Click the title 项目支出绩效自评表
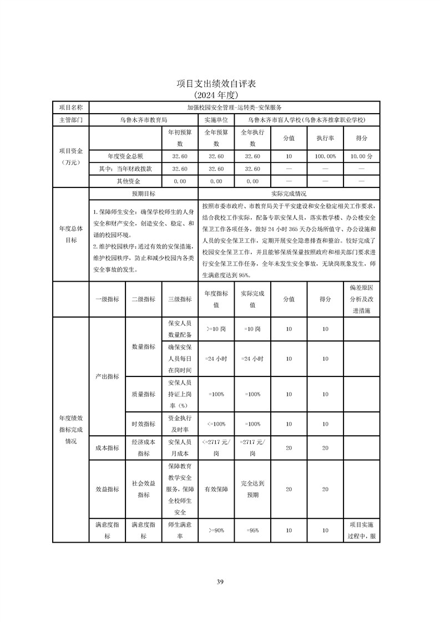point(220,84)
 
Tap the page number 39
point(220,582)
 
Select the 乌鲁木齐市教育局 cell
point(143,119)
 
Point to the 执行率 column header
point(325,138)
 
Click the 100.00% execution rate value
point(325,156)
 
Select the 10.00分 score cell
point(361,156)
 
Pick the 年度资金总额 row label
point(125,156)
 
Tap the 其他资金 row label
point(125,181)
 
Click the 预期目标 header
point(143,194)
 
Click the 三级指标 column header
point(180,299)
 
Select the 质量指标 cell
point(143,394)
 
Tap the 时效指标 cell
point(143,424)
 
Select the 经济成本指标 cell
point(143,448)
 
